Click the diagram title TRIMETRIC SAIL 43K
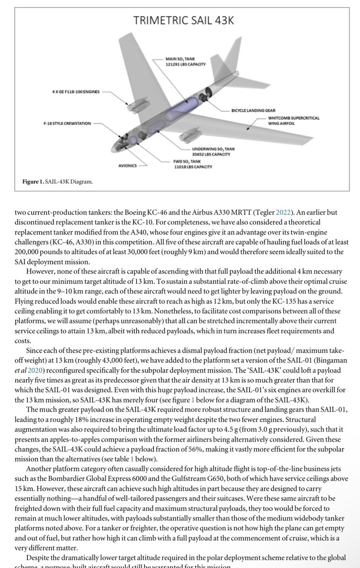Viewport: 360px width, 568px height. [x=184, y=20]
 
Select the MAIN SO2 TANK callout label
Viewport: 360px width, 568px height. [x=180, y=62]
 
